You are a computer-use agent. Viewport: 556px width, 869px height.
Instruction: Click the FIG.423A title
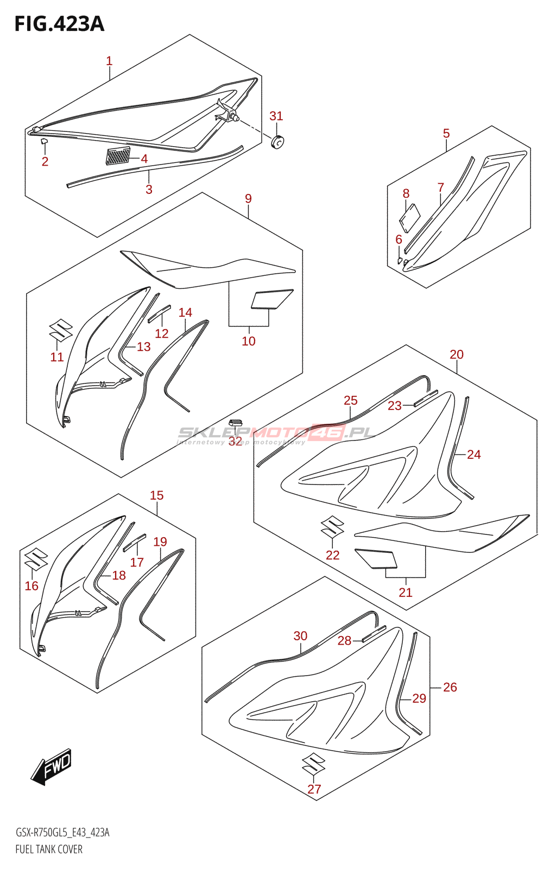(59, 24)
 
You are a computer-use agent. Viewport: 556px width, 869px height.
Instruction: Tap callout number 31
(276, 116)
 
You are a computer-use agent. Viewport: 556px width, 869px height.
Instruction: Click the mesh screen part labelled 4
(118, 156)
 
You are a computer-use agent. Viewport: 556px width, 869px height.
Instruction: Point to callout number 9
(248, 198)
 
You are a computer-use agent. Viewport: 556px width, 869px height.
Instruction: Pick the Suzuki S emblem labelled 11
(61, 330)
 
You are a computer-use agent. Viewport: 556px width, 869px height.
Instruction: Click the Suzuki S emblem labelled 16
(36, 559)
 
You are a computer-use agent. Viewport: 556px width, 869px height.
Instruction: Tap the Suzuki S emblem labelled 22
(332, 526)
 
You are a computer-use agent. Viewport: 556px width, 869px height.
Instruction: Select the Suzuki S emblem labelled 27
(314, 764)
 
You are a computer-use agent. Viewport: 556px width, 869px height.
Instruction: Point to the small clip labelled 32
(235, 423)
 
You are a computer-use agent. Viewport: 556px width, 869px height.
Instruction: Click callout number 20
(457, 354)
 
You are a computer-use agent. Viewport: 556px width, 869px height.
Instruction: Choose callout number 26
(450, 687)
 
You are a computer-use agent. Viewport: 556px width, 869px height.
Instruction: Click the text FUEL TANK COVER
(49, 849)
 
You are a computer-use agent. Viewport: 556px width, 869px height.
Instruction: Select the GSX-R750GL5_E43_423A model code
(62, 833)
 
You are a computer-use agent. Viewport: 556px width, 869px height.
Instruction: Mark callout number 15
(156, 495)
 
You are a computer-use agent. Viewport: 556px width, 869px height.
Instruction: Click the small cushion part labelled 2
(45, 142)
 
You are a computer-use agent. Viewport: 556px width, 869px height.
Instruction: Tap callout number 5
(446, 133)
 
